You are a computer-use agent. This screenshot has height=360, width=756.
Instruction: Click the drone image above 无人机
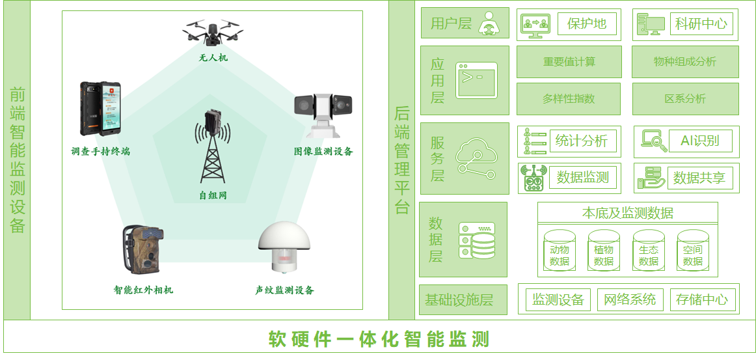pos(213,31)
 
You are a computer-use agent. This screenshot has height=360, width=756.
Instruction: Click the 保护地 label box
pos(586,24)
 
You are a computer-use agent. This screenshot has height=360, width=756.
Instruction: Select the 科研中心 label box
pos(701,24)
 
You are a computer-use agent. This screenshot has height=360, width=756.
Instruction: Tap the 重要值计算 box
pos(569,62)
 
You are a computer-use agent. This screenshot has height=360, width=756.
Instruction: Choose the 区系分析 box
pos(684,99)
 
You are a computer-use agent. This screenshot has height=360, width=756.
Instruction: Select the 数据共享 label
pos(699,178)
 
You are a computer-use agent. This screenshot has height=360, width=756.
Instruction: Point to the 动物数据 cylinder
pos(559,251)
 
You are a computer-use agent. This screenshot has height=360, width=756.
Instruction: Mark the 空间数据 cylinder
pos(692,251)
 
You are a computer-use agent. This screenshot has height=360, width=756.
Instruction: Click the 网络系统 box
pos(629,299)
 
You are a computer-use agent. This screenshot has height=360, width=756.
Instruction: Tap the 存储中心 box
pos(701,299)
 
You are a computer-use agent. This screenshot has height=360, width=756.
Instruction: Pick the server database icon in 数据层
pos(477,240)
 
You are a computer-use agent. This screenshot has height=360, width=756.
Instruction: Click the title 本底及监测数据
pos(627,213)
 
